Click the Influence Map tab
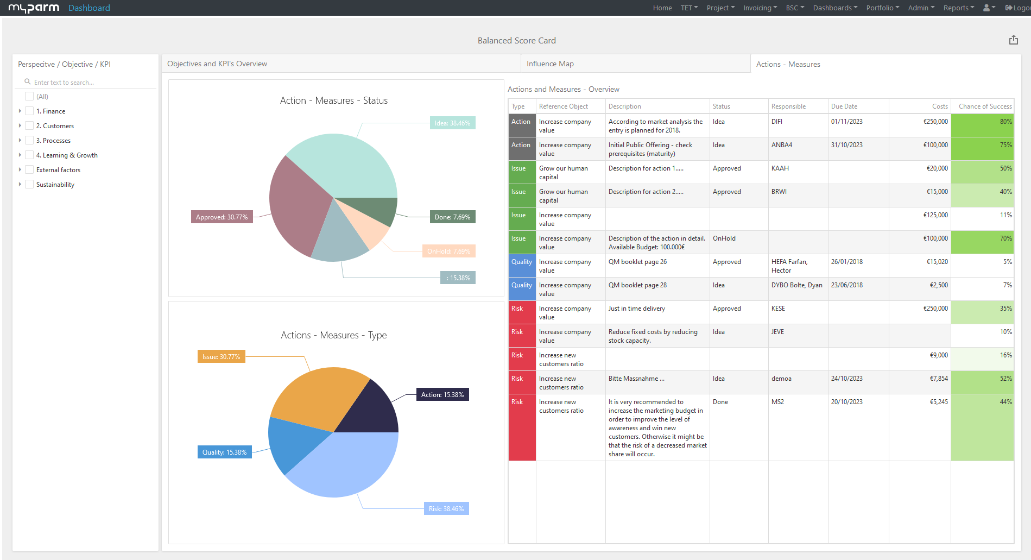[x=550, y=64]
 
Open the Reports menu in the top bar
[x=958, y=8]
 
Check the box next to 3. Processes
[x=29, y=140]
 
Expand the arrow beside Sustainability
[x=20, y=184]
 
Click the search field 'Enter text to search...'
[x=87, y=83]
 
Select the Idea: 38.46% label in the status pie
[x=452, y=123]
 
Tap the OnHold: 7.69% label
[x=448, y=251]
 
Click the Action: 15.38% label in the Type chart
[x=442, y=395]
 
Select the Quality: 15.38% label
[x=224, y=452]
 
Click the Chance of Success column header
[x=984, y=106]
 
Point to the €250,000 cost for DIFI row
[x=935, y=122]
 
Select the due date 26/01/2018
[x=846, y=262]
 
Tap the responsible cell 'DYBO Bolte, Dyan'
[x=796, y=285]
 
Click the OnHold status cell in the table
[x=724, y=238]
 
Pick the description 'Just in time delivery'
[x=636, y=309]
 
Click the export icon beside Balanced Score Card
[x=1013, y=40]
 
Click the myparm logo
[x=34, y=8]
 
